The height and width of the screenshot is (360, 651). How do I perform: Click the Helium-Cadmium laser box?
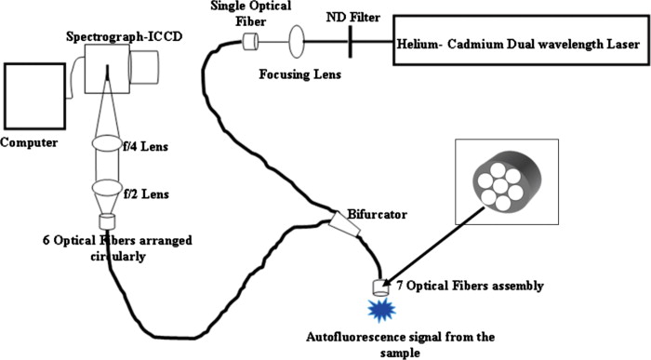pos(518,43)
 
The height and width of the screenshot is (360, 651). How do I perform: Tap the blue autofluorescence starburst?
pos(381,311)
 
